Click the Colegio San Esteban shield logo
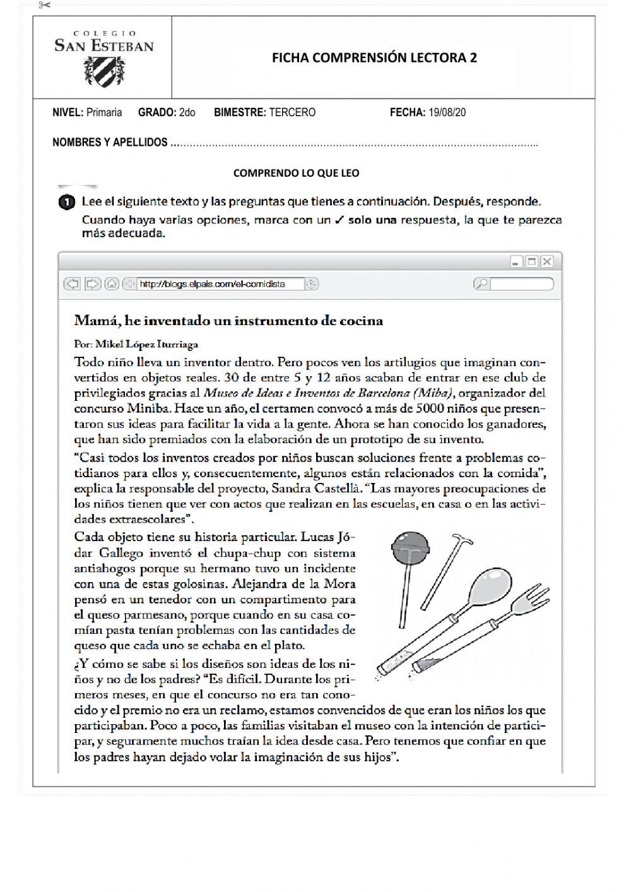point(104,71)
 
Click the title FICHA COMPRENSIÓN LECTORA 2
point(374,57)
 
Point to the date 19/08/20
point(447,112)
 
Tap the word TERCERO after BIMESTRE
point(292,112)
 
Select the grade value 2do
point(187,112)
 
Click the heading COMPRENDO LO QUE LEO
point(296,173)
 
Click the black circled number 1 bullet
point(66,203)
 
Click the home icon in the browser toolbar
point(111,284)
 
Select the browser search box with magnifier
point(514,284)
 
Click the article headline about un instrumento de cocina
point(228,321)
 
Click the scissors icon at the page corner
point(44,6)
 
